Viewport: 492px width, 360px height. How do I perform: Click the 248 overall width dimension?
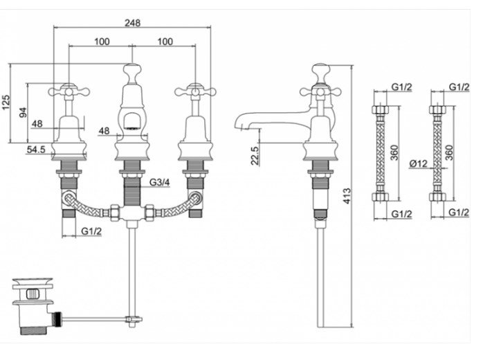point(133,22)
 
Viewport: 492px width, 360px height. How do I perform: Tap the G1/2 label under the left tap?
point(91,231)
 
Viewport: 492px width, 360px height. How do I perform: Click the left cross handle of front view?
point(67,90)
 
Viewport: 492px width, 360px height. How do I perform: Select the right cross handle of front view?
point(192,90)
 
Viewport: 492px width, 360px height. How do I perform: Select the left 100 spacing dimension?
point(101,42)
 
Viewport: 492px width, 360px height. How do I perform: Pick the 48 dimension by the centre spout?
point(104,130)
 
